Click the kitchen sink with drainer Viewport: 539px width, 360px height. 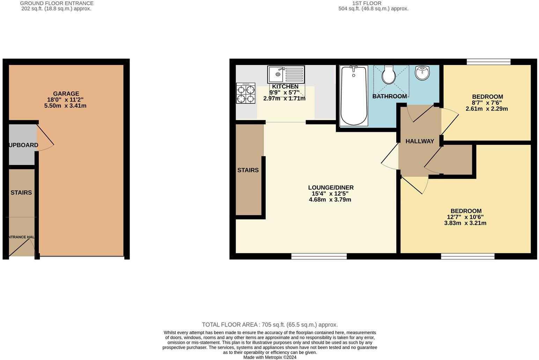[x=286, y=74]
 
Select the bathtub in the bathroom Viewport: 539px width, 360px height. [x=354, y=96]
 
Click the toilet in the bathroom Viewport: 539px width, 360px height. [x=388, y=75]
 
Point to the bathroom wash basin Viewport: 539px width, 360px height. [x=422, y=73]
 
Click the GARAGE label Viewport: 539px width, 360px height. [x=66, y=93]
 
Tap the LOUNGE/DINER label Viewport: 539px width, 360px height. [x=331, y=188]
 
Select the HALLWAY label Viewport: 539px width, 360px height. [x=420, y=141]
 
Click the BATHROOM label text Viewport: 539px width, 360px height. [x=389, y=96]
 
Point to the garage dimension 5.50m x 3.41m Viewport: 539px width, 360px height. [x=65, y=106]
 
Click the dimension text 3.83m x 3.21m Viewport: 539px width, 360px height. [x=465, y=223]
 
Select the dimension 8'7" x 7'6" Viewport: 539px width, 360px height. [x=487, y=103]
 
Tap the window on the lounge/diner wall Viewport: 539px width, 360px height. [x=319, y=256]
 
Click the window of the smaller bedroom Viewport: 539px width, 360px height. [x=488, y=62]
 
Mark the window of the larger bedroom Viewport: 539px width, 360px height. [x=467, y=256]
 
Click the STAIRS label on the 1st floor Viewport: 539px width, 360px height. [x=248, y=170]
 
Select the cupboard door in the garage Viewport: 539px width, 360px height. [x=45, y=134]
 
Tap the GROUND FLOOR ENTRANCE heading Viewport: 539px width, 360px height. [x=57, y=3]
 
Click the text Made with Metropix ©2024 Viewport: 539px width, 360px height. [x=269, y=357]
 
